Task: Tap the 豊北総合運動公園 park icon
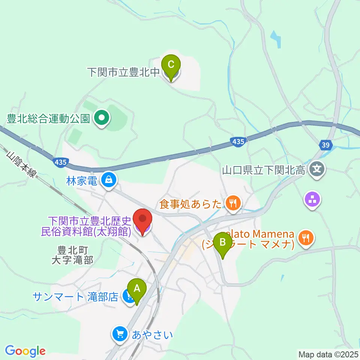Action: [x=101, y=119]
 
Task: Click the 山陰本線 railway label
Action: [x=22, y=164]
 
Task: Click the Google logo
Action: [x=25, y=351]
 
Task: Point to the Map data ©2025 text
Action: [x=328, y=354]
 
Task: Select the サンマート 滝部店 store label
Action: [x=76, y=297]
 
